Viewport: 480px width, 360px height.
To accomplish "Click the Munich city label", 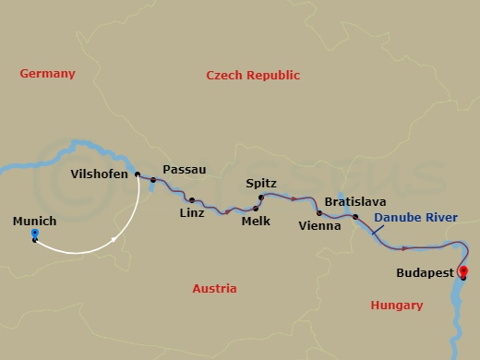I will point(35,222).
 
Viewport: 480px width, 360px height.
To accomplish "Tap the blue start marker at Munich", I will point(34,234).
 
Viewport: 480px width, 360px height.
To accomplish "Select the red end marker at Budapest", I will point(463,270).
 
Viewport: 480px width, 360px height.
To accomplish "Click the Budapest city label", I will point(424,273).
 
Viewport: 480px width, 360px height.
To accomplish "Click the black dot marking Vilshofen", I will point(138,174).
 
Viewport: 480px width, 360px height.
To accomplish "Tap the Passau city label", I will point(184,170).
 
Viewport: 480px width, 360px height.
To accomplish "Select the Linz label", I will point(190,213).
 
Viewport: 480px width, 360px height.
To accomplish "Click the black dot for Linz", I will point(191,199).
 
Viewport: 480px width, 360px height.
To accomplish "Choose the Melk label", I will point(255,221).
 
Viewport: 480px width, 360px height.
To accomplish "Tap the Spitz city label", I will point(261,184).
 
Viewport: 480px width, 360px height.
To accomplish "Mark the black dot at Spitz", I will point(260,198).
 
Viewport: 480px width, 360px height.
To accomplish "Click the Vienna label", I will point(319,224).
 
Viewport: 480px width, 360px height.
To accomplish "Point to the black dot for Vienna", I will point(319,212).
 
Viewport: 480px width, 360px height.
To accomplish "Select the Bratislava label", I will point(355,201).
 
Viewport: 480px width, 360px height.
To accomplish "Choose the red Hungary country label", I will point(396,305).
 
